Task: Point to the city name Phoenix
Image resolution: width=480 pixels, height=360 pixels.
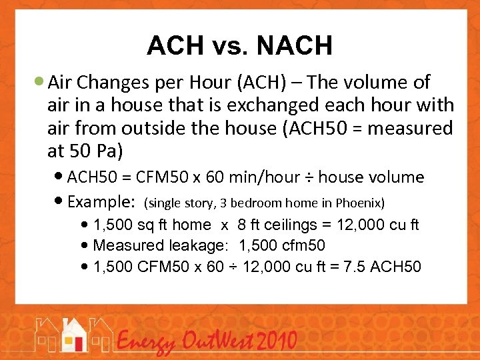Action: click(359, 202)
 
